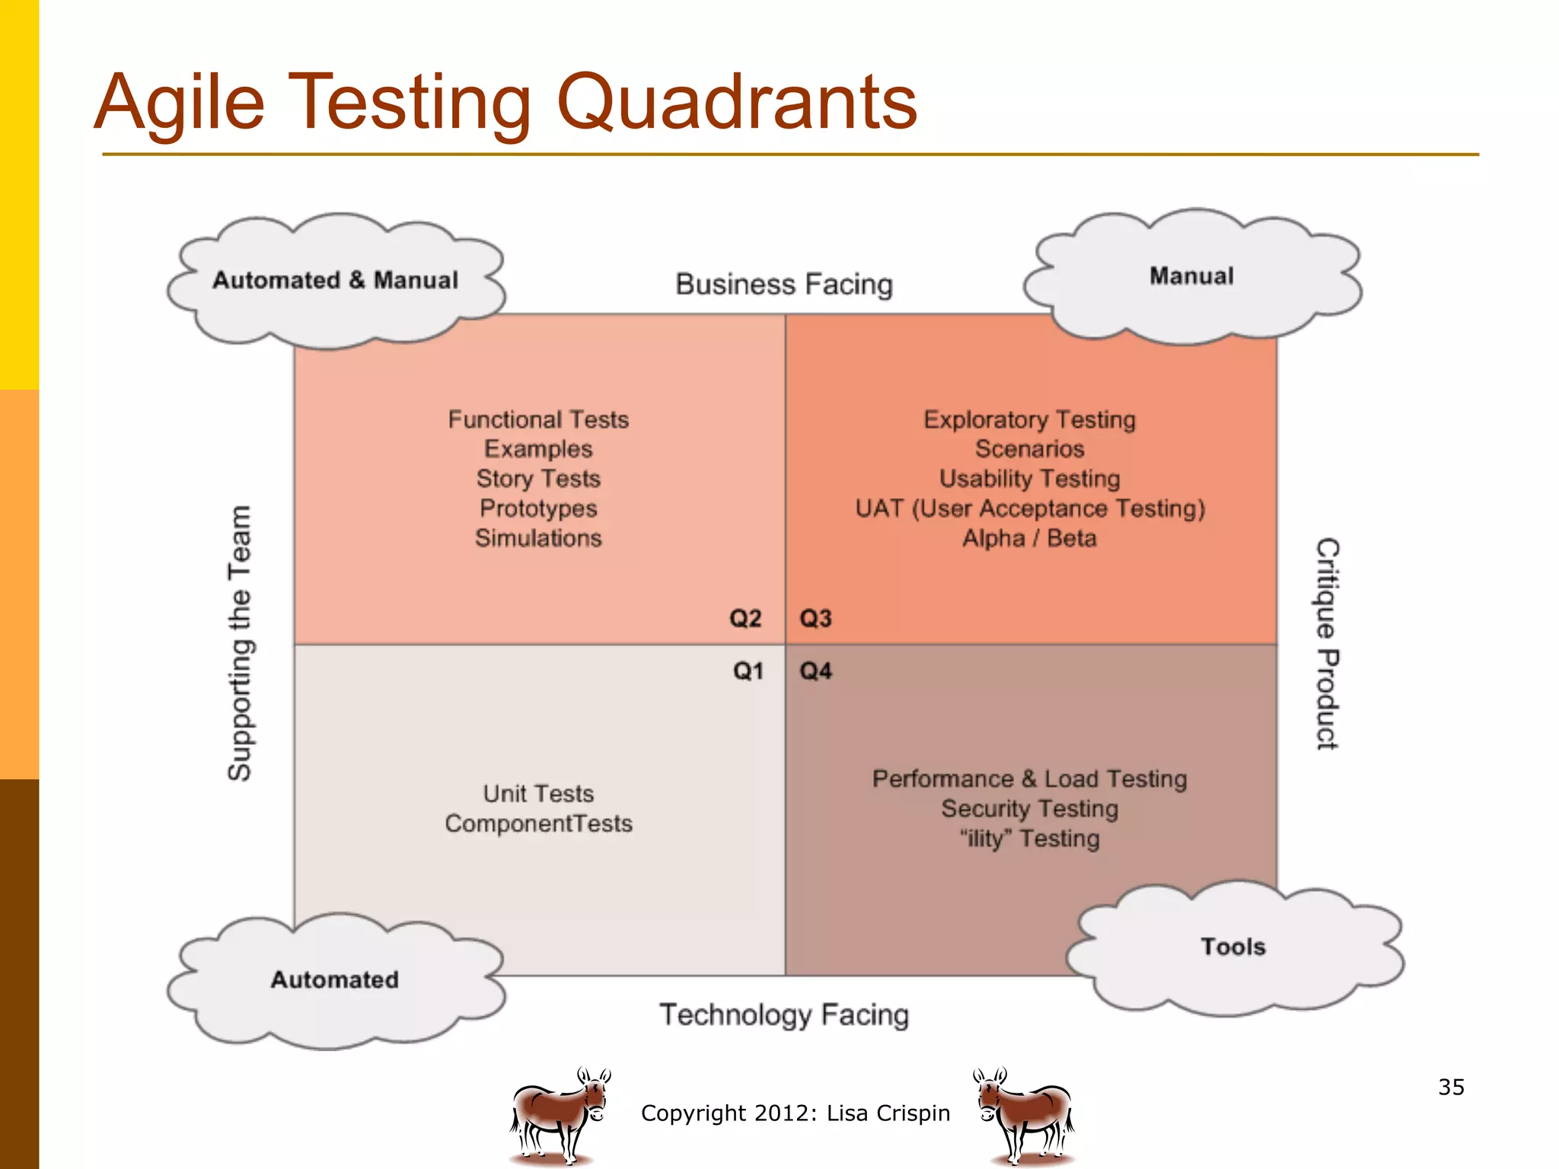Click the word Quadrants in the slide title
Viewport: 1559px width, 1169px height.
[x=737, y=103]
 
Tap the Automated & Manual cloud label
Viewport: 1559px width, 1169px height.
[x=335, y=280]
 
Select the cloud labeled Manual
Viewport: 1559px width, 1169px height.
[x=1191, y=276]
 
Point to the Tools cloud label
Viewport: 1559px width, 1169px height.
[x=1233, y=947]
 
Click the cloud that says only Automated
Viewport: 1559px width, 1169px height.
[x=335, y=979]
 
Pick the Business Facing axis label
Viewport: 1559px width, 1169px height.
[x=784, y=284]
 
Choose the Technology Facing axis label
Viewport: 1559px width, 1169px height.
[x=784, y=1015]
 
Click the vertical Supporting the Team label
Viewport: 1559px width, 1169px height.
[x=241, y=643]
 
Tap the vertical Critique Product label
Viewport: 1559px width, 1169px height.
[x=1328, y=644]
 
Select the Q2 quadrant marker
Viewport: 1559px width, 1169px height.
[x=745, y=618]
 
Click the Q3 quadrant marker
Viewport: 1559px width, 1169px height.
[x=815, y=618]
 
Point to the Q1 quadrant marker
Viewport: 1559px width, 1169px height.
[x=748, y=671]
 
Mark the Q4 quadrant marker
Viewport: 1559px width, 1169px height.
[x=815, y=671]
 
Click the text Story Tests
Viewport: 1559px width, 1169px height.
[x=538, y=479]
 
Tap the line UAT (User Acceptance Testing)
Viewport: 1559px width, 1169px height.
[x=1030, y=508]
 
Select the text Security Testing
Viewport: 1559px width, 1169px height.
[x=1030, y=808]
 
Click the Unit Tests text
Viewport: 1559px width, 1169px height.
[x=538, y=794]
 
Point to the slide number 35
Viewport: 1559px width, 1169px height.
[x=1451, y=1087]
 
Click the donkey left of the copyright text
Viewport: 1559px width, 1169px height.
[x=560, y=1115]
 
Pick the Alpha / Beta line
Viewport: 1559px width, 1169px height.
[x=1030, y=538]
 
